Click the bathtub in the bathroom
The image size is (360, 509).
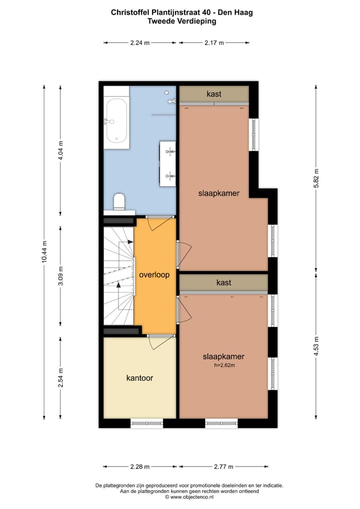coord(116,121)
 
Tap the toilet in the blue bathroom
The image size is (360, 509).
coord(119,201)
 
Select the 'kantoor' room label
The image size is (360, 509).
coord(139,378)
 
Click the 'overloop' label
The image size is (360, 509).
coord(154,274)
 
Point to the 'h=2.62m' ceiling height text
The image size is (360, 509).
coord(223,365)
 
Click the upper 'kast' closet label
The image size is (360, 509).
coord(214,93)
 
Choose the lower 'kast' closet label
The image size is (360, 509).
coord(223,282)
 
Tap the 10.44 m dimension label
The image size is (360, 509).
coord(44,253)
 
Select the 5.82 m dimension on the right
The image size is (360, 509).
coord(315,177)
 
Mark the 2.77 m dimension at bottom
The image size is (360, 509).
coord(223,467)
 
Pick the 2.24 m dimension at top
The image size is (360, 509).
coord(139,43)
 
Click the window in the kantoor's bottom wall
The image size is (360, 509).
coord(147,423)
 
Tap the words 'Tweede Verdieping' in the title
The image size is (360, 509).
coord(181,21)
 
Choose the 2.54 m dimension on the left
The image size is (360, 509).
coord(60,378)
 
